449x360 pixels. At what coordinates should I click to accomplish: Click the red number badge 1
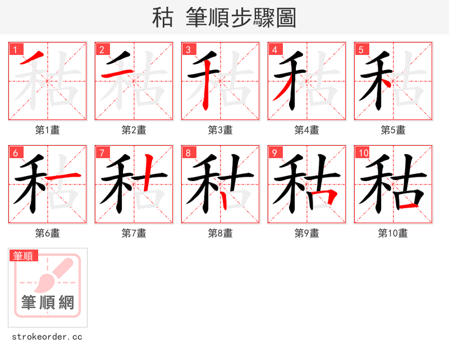point(15,49)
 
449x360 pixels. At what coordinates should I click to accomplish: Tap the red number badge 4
point(274,49)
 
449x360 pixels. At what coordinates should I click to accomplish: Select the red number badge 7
point(102,153)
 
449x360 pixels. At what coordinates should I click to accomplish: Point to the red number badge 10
point(363,153)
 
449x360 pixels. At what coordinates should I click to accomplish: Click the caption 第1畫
point(48,130)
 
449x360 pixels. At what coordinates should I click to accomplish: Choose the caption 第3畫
point(221,130)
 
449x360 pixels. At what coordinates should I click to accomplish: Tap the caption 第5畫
point(393,130)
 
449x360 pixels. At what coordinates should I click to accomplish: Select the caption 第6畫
point(48,233)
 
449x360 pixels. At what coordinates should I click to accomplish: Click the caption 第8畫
point(221,233)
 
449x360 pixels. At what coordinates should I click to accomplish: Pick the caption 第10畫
point(393,233)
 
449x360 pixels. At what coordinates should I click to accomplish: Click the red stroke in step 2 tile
point(116,75)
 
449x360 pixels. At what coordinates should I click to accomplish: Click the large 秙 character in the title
point(163,18)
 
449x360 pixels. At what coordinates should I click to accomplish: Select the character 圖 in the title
point(286,18)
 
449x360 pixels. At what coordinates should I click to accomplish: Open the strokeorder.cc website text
point(47,337)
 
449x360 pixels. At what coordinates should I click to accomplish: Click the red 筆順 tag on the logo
point(24,256)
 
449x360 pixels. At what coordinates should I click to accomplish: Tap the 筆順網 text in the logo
point(48,303)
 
